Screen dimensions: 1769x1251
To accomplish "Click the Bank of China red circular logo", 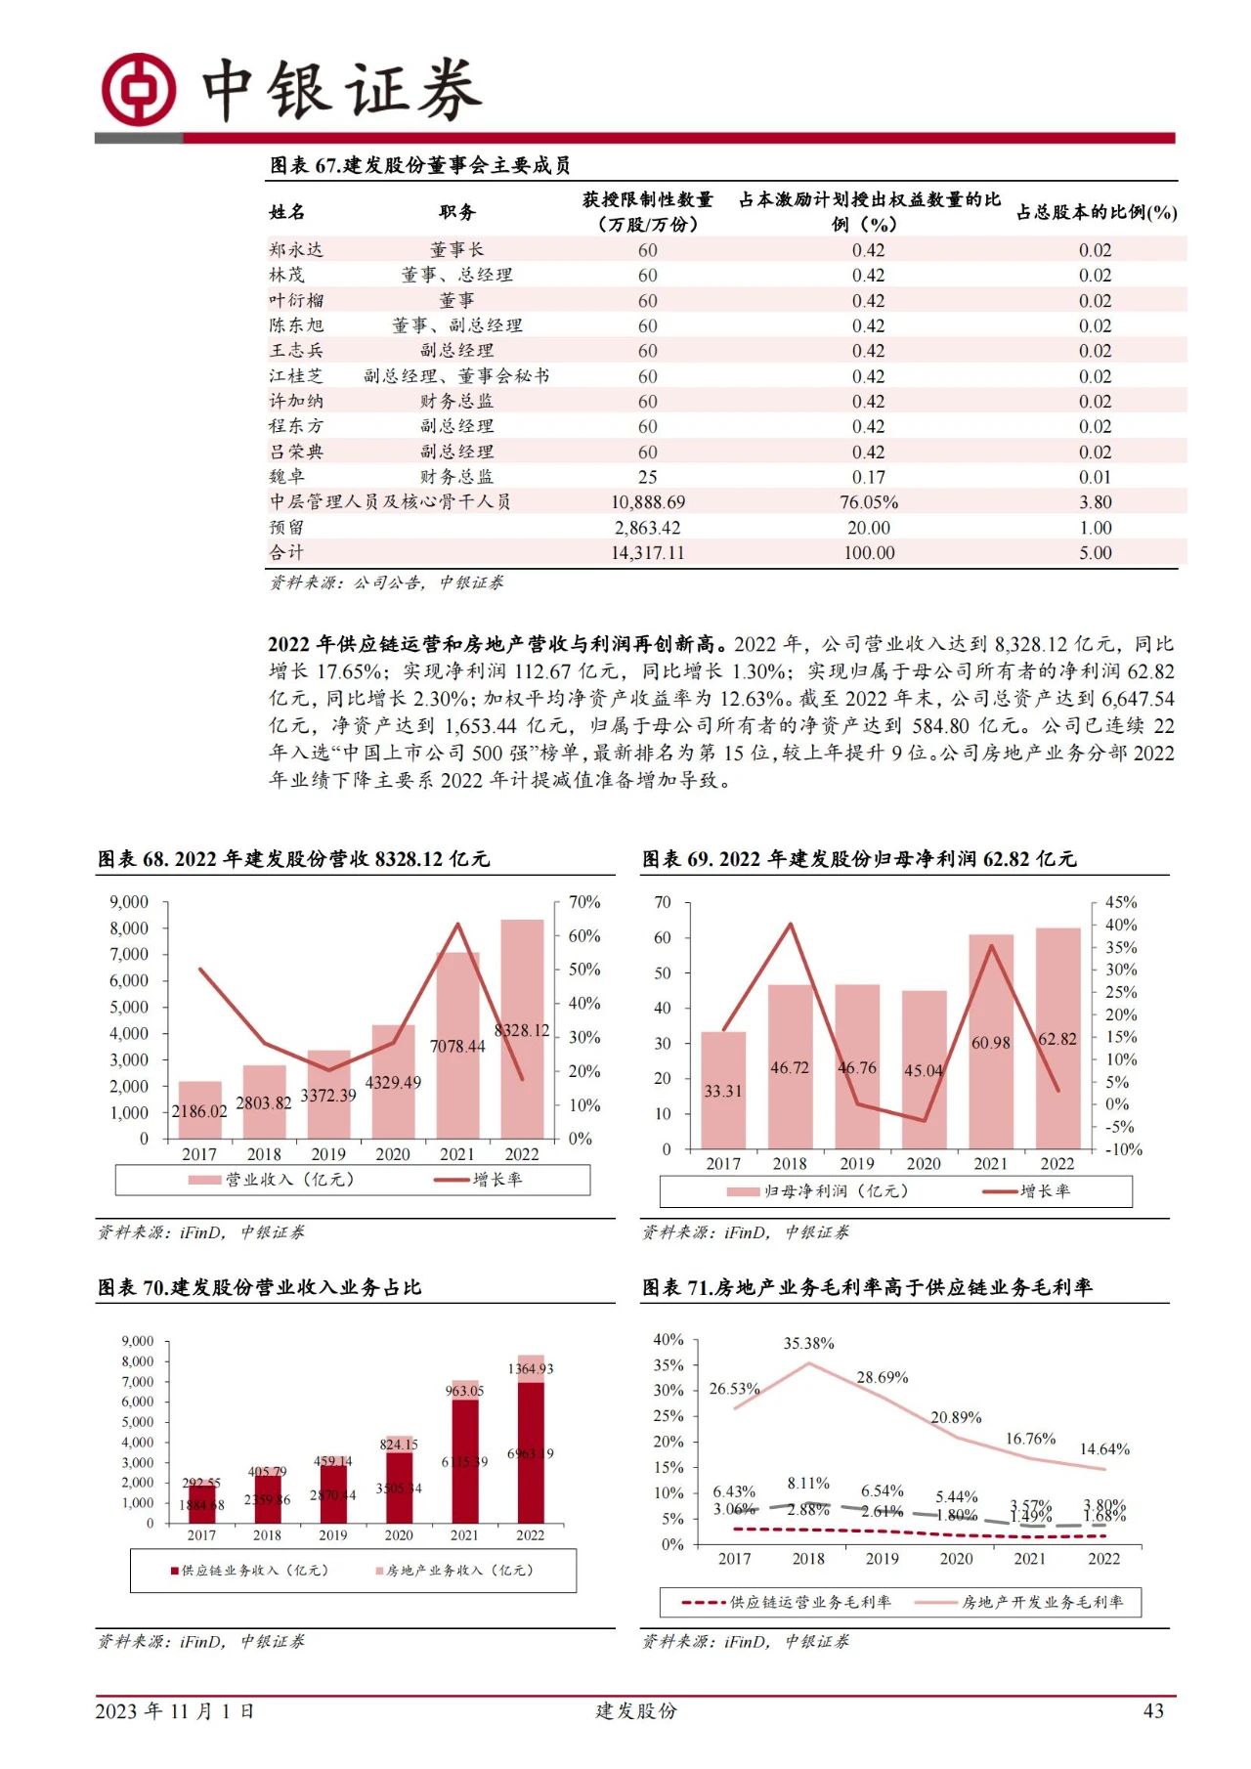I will click(139, 89).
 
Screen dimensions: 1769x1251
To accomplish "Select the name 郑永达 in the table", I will click(296, 250).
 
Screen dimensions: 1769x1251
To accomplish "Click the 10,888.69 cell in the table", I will click(647, 502).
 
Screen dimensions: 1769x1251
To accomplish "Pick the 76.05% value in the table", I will click(868, 502).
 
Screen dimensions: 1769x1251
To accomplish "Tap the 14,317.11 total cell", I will click(647, 553).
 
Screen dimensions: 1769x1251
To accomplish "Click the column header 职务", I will click(456, 212).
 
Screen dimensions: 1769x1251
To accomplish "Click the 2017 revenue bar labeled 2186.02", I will click(199, 1110).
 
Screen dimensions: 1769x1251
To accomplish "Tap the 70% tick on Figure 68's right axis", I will click(584, 902).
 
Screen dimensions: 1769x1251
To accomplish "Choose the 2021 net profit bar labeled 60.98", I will click(991, 1042).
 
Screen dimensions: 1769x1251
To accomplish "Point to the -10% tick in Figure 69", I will click(1123, 1149).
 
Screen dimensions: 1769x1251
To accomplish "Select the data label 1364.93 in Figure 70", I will click(530, 1369).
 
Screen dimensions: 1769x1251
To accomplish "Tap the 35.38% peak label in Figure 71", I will click(808, 1344).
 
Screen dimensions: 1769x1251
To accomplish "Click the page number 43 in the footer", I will click(1153, 1710).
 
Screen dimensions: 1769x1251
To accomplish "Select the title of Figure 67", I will click(420, 165).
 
